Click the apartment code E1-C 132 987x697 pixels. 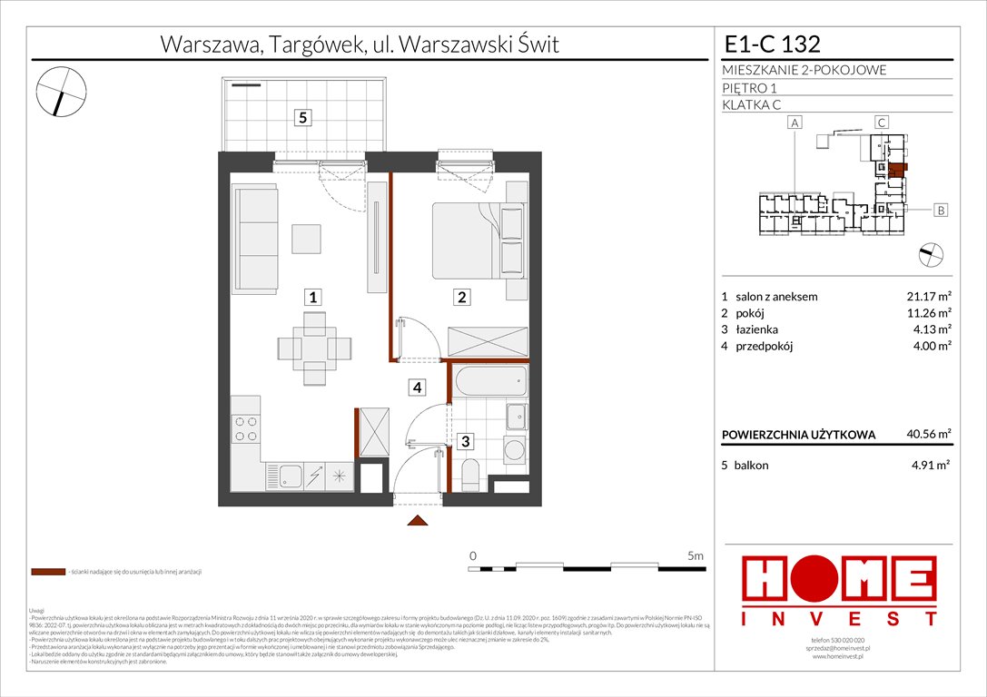773,44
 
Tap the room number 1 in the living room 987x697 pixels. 311,297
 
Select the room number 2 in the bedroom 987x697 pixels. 461,297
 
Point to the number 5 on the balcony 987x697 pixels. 305,117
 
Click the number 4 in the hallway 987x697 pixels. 416,388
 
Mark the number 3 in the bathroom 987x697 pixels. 464,442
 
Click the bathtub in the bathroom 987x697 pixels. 490,381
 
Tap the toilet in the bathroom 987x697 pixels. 470,473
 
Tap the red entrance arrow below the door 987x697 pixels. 417,521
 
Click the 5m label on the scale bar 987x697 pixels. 695,555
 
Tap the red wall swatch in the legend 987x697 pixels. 48,573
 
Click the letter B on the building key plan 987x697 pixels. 941,211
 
